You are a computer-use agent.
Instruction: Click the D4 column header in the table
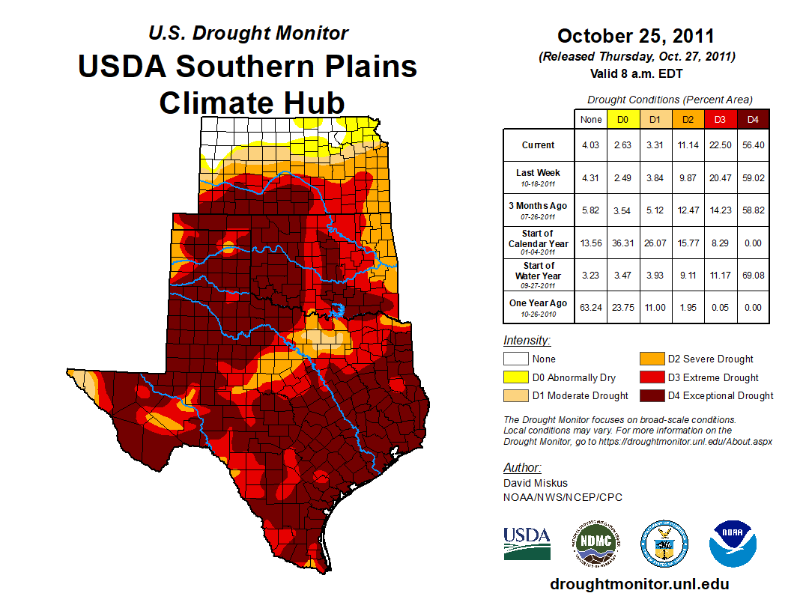point(752,118)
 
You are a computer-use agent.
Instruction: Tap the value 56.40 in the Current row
point(752,145)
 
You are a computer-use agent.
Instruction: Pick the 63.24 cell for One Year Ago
point(591,303)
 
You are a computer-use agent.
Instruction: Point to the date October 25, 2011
point(636,36)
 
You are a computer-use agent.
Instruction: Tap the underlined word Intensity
point(527,341)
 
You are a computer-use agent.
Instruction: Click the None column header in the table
point(591,118)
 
